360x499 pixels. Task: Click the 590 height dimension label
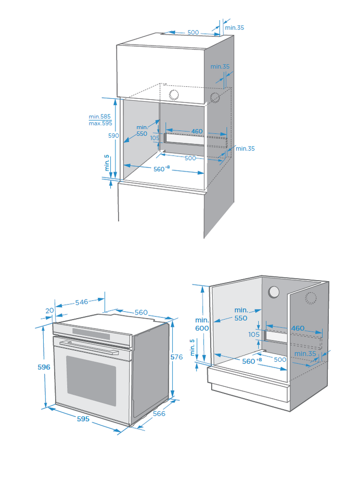coord(113,136)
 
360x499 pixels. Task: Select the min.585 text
coord(100,117)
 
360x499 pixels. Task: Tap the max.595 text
coord(100,124)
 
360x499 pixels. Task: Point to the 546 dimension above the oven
coord(82,301)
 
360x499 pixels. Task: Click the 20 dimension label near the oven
coord(49,310)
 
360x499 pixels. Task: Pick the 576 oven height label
coord(177,357)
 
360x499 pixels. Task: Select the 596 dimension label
coord(44,367)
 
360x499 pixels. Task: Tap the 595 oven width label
coord(83,418)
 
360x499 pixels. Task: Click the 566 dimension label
coord(159,414)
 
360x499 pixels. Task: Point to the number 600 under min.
coord(202,329)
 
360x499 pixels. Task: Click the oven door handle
coord(88,346)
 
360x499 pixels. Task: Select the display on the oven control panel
coord(91,333)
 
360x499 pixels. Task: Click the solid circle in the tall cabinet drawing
coord(174,95)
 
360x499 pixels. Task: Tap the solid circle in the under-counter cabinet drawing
coord(274,293)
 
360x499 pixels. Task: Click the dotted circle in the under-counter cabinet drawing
coord(311,298)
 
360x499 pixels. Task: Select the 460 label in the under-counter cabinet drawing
coord(298,329)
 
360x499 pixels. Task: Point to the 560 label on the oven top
coord(141,312)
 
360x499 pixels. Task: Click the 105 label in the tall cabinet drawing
coord(155,138)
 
